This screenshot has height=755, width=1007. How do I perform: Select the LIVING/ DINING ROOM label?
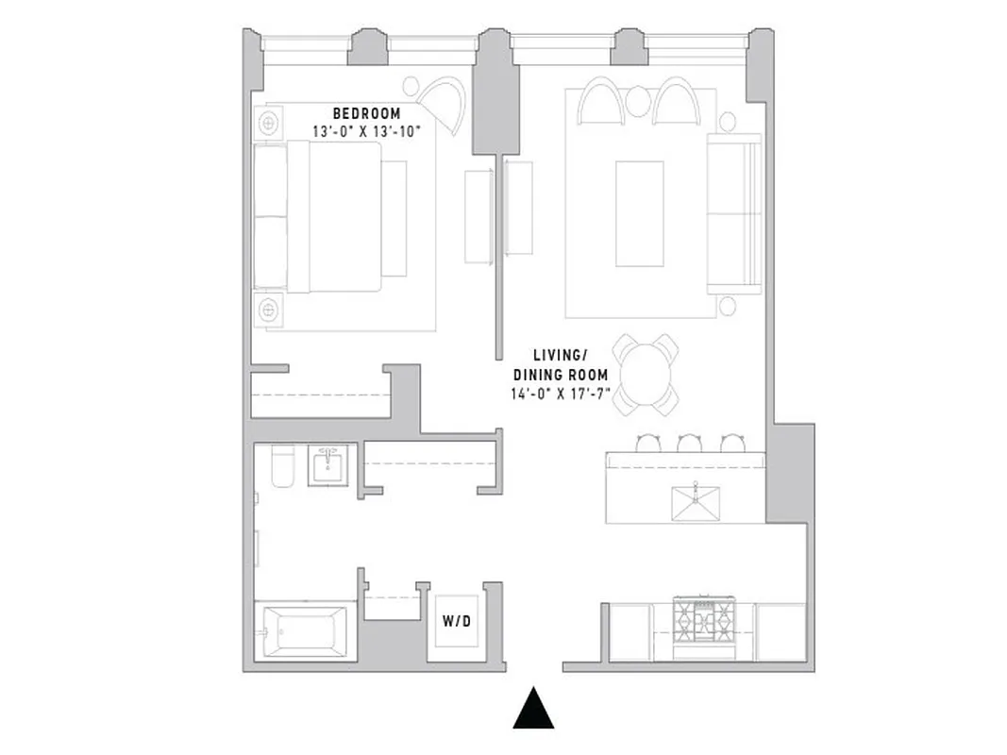[x=561, y=364]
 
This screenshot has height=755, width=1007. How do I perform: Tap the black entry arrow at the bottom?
[x=533, y=709]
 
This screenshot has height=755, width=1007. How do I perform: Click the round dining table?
[x=644, y=373]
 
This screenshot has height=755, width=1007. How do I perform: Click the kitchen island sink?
[x=695, y=503]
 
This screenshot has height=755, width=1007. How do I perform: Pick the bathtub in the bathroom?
[x=304, y=631]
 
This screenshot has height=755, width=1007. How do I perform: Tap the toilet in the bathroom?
[x=283, y=465]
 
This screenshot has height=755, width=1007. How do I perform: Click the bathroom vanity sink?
[x=329, y=464]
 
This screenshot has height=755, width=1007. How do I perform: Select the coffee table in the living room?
[x=639, y=213]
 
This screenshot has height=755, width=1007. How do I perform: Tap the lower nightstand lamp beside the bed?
[x=270, y=309]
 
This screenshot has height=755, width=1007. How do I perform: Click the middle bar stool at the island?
[x=690, y=443]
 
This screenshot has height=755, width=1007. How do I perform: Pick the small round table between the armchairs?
[x=639, y=100]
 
